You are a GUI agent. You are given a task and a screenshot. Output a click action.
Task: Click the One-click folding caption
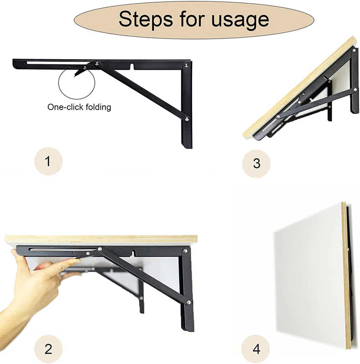[79, 107]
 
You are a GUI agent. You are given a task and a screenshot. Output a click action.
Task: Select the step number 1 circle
[48, 161]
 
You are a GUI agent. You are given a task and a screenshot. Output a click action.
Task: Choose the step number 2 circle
[48, 348]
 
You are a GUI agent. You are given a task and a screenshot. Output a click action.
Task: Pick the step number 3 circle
[256, 163]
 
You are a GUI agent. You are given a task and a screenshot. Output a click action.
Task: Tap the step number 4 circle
[256, 349]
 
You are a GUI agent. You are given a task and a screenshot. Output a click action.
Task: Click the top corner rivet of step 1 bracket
[185, 65]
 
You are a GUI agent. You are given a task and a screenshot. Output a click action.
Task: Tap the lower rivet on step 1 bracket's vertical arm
[186, 118]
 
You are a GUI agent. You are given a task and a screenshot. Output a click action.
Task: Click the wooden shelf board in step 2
[101, 239]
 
